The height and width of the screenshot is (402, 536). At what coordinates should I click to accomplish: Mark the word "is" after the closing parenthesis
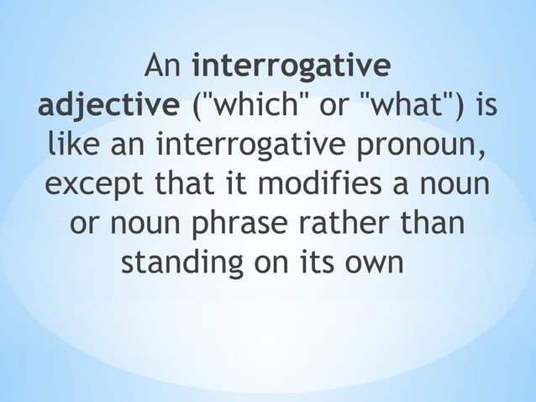(x=486, y=108)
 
